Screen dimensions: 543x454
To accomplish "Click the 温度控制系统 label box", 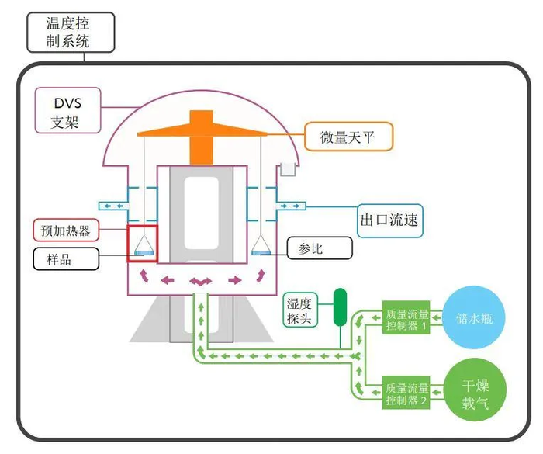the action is click(71, 33).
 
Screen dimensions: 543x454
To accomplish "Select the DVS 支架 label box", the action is click(68, 110).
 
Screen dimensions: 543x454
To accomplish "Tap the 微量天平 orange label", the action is click(348, 137).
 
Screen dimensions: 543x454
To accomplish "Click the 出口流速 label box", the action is click(389, 220).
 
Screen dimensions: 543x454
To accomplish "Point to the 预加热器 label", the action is click(66, 230).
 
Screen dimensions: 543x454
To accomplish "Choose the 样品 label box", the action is click(66, 259).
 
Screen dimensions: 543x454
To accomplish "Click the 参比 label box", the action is click(320, 248).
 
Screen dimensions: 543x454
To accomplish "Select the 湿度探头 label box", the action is click(300, 310).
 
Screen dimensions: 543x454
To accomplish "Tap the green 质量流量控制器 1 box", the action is click(406, 317).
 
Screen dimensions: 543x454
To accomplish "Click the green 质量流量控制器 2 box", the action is click(406, 393).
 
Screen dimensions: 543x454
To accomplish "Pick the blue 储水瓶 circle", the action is click(474, 317).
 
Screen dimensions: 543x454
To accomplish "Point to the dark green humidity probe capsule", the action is click(340, 307).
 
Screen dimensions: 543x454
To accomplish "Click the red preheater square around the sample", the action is click(142, 226).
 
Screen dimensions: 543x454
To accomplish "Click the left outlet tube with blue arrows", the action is click(114, 206).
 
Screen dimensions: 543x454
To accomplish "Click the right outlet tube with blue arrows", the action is click(291, 206).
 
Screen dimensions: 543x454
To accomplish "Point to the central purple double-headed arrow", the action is click(200, 281).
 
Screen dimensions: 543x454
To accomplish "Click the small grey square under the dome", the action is click(288, 169).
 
